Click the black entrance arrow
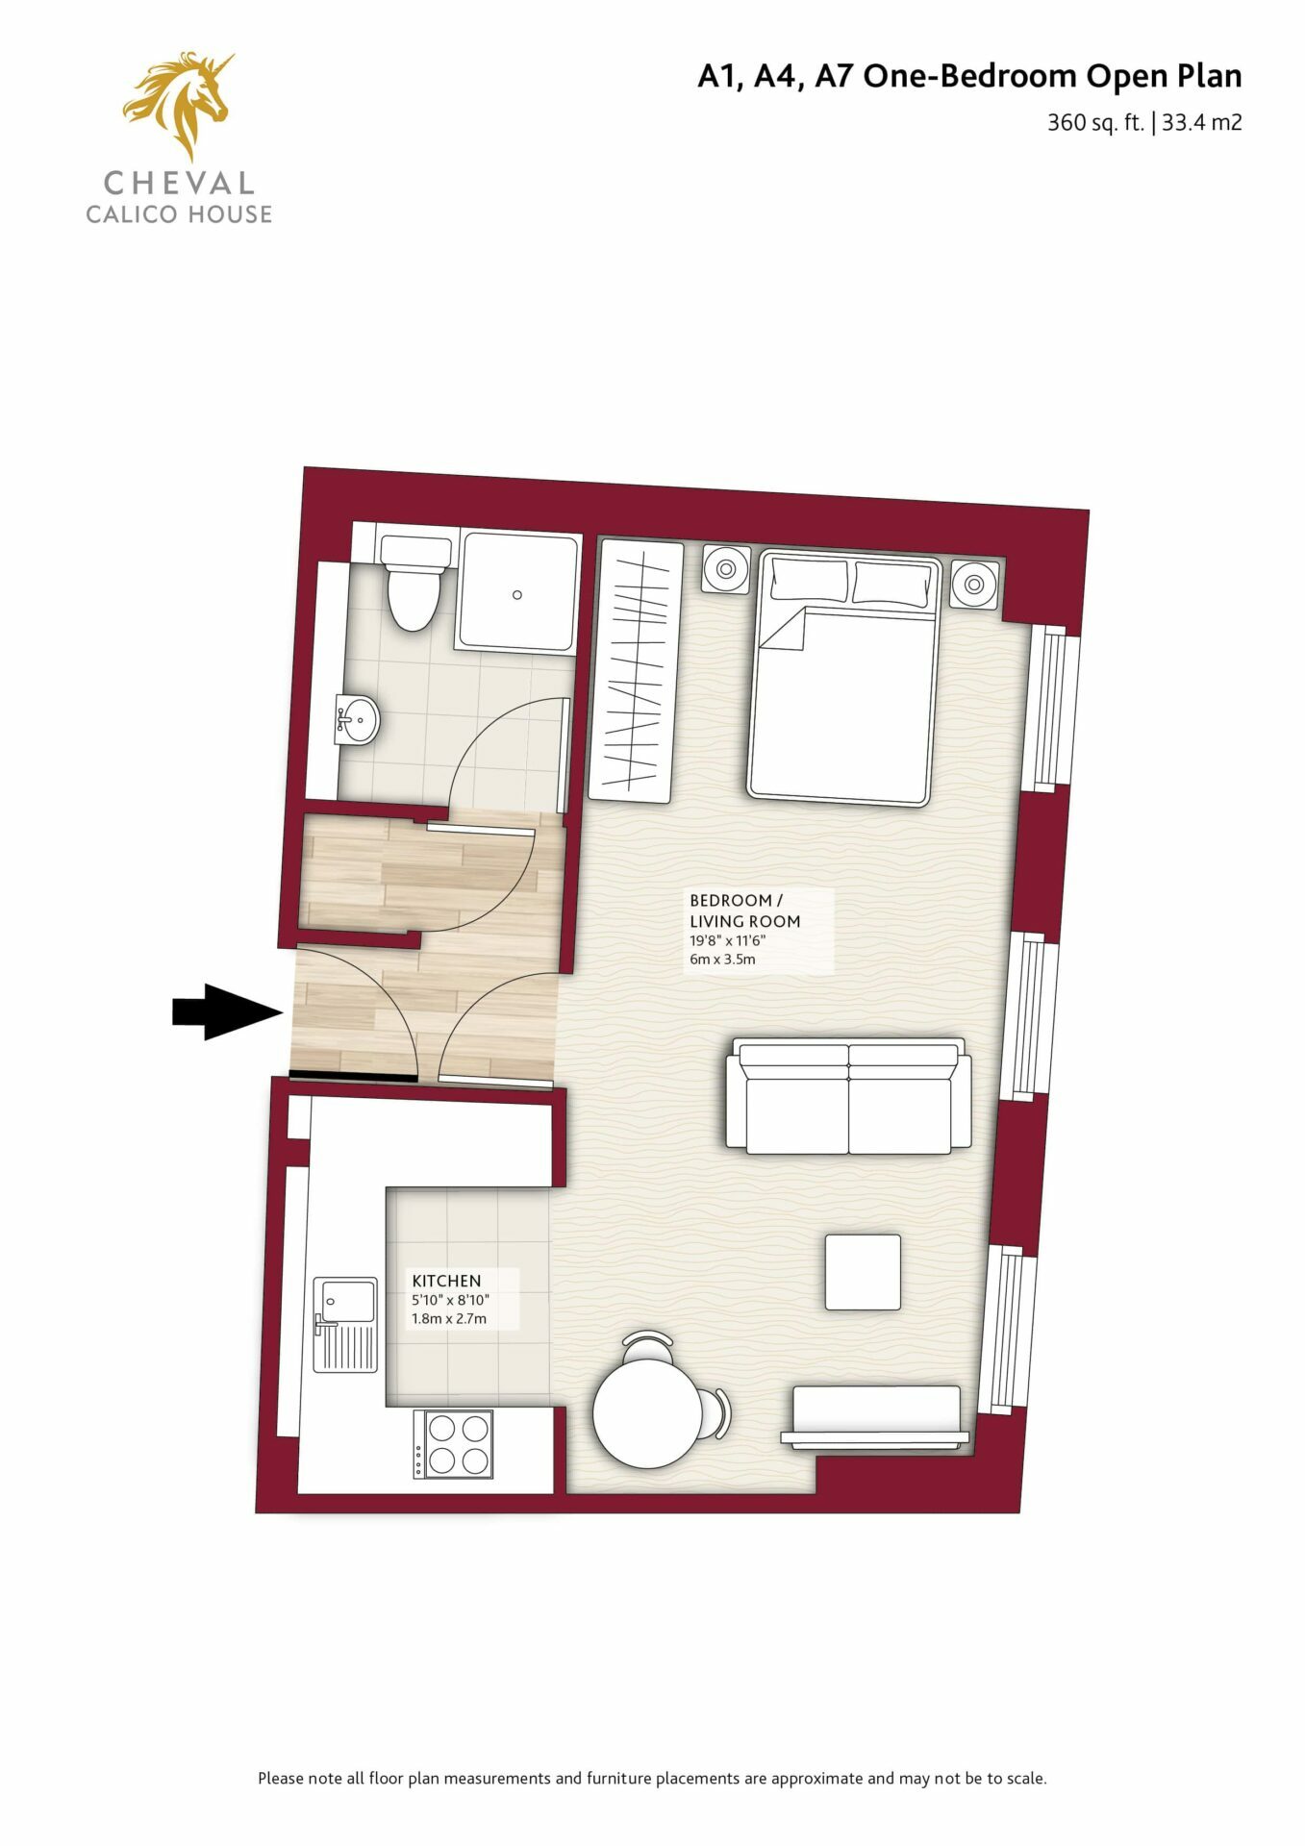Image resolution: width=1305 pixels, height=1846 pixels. [x=227, y=1012]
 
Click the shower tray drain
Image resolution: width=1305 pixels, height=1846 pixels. [x=517, y=595]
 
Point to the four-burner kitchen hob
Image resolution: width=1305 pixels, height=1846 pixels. [x=453, y=1444]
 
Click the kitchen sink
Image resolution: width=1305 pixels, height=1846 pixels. [x=345, y=1324]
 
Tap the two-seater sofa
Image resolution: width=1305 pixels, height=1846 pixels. [x=848, y=1096]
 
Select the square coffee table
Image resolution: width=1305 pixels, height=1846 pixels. [x=863, y=1272]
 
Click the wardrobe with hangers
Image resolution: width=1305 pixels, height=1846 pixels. [x=636, y=671]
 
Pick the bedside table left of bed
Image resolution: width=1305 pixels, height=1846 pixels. [x=726, y=570]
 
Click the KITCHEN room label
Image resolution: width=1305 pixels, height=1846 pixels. [x=446, y=1281]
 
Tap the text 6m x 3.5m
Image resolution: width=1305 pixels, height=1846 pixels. [x=722, y=959]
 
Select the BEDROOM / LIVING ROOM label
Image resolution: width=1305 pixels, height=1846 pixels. [x=744, y=911]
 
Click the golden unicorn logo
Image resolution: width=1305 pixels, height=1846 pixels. [x=179, y=104]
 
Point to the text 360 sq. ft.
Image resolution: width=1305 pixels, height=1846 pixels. [x=1095, y=123]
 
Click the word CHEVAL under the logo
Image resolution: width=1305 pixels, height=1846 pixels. [x=179, y=183]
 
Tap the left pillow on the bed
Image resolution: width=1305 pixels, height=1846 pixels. [x=810, y=580]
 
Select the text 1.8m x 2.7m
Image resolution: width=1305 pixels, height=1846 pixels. [x=449, y=1318]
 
